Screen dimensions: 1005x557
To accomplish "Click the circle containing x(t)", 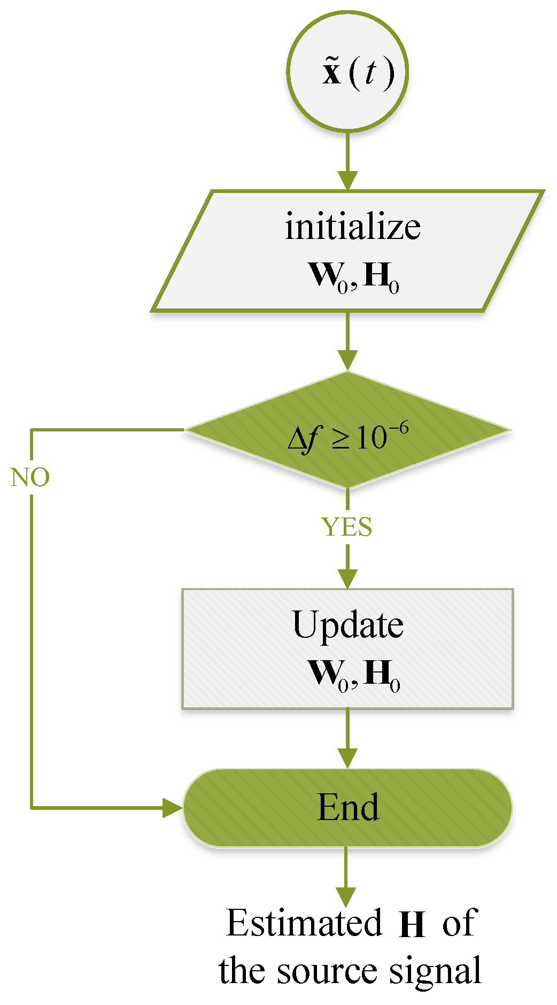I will (347, 71).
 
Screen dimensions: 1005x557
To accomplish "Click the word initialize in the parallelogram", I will (353, 227).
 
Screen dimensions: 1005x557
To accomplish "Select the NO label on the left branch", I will (30, 477).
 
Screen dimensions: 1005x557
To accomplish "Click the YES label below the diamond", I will (347, 527).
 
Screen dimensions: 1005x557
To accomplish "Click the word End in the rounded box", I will (348, 807).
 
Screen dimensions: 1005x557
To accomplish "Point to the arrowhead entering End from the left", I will (172, 808).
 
